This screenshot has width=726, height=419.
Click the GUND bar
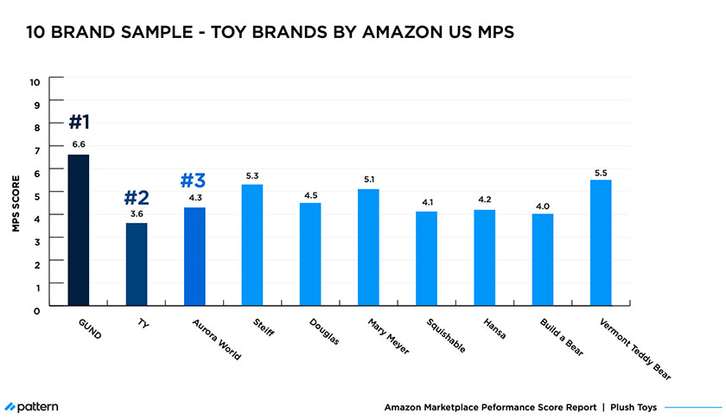point(78,230)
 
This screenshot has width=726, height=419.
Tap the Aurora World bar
point(194,256)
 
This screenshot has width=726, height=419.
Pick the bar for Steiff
point(252,244)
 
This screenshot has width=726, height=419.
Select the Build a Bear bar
point(542,259)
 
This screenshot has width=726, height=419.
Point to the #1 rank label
point(79,121)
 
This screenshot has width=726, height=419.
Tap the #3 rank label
point(194,181)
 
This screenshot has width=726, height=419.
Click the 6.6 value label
point(79,144)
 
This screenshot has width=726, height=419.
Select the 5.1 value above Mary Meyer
point(368,179)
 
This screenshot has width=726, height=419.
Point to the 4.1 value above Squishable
point(426,201)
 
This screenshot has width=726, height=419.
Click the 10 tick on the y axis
point(35,81)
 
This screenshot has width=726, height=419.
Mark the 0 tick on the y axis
point(35,309)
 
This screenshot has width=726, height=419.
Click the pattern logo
point(32,406)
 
